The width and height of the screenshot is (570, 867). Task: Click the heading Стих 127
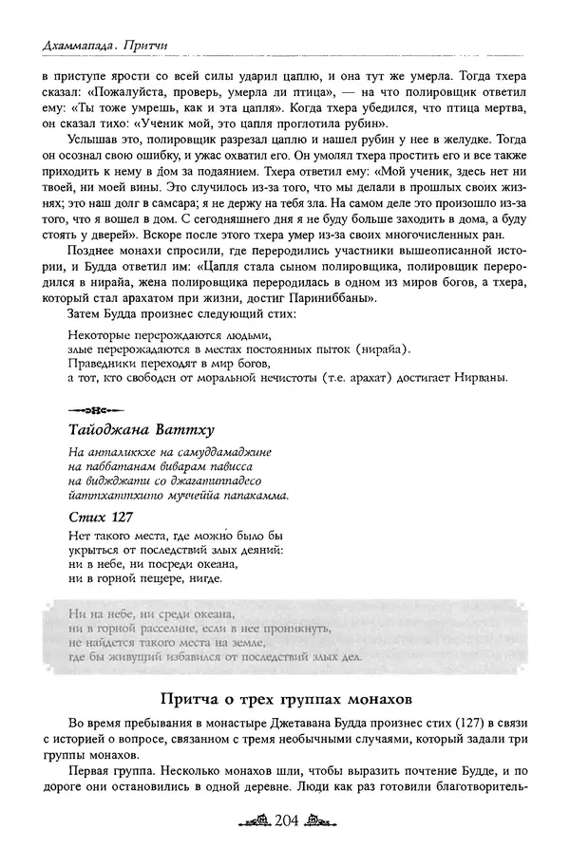(102, 518)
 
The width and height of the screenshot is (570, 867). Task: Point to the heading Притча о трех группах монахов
(285, 702)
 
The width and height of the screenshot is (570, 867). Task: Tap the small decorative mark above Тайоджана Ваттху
(85, 411)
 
